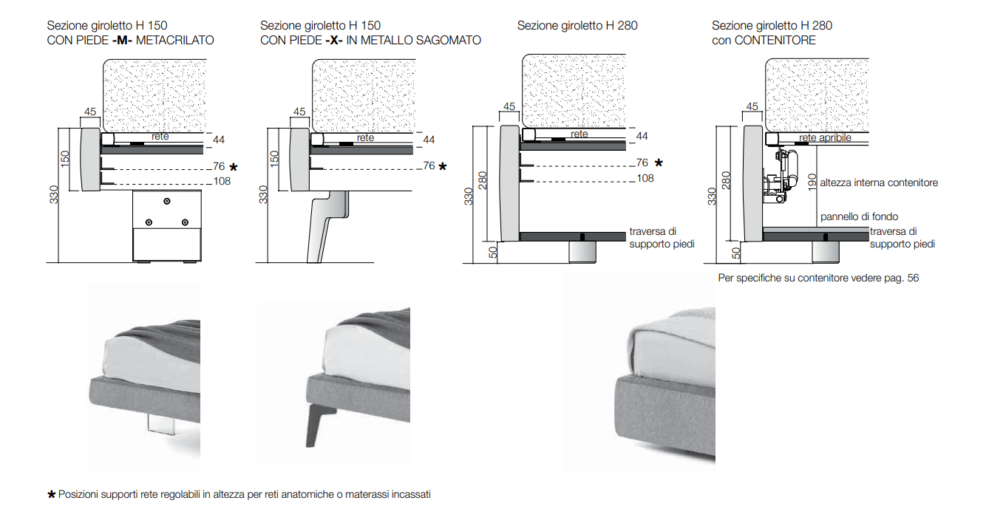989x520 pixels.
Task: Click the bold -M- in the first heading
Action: point(122,41)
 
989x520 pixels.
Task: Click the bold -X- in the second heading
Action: point(334,41)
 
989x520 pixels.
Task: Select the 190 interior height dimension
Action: point(812,182)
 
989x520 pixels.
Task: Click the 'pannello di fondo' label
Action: point(859,216)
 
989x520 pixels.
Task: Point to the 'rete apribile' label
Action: point(825,138)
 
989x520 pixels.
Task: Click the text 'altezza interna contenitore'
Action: point(879,182)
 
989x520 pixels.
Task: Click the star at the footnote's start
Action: point(51,494)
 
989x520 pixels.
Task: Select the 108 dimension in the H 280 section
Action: point(645,178)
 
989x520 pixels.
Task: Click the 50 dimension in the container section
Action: point(735,252)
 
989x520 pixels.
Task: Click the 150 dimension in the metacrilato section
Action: point(64,159)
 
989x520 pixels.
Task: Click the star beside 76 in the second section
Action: point(443,167)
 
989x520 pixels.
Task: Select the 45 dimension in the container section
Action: point(752,107)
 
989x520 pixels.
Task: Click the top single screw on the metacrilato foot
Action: point(167,201)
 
